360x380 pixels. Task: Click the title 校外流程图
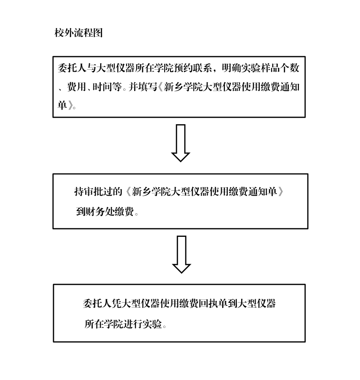78,33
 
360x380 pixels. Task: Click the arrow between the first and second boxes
180,143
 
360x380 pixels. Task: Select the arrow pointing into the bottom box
181,255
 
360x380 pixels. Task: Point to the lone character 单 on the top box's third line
63,105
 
